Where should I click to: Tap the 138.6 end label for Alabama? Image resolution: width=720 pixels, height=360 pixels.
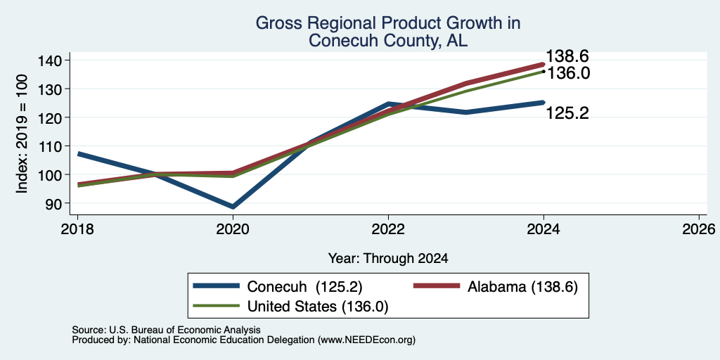pos(567,56)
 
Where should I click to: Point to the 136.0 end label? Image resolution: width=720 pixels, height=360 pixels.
pos(567,73)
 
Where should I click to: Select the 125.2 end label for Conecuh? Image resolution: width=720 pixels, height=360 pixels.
pos(567,113)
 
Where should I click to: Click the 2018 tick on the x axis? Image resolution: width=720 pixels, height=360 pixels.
pos(77,229)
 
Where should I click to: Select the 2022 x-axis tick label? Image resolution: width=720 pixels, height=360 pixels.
pos(388,229)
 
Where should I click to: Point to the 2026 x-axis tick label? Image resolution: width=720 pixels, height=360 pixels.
pos(699,229)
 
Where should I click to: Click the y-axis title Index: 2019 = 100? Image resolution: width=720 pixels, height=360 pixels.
pos(22,134)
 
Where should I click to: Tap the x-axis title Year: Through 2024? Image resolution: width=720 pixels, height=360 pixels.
pos(388,259)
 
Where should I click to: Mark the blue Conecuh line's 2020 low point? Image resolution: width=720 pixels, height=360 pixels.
pos(233,207)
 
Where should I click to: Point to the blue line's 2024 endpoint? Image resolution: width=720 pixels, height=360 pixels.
pos(543,103)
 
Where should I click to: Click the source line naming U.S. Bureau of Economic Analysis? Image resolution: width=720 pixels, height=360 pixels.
pos(166,330)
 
